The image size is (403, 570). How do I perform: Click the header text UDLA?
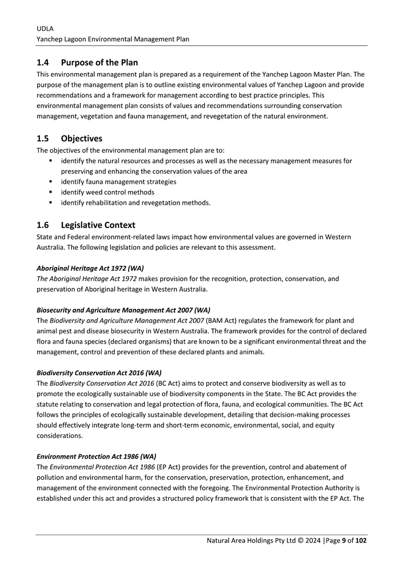[45, 28]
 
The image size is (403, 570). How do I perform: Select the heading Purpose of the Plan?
[99, 62]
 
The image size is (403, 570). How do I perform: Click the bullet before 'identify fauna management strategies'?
[51, 182]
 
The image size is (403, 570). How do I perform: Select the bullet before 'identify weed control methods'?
[51, 192]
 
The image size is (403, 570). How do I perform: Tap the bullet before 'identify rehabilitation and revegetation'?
[51, 202]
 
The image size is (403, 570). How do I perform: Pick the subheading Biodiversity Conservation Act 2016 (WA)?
[99, 372]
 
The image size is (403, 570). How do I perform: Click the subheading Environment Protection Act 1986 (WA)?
[96, 456]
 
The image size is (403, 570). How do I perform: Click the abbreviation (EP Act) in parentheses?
[170, 467]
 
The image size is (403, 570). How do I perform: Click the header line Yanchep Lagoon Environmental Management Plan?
[113, 39]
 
